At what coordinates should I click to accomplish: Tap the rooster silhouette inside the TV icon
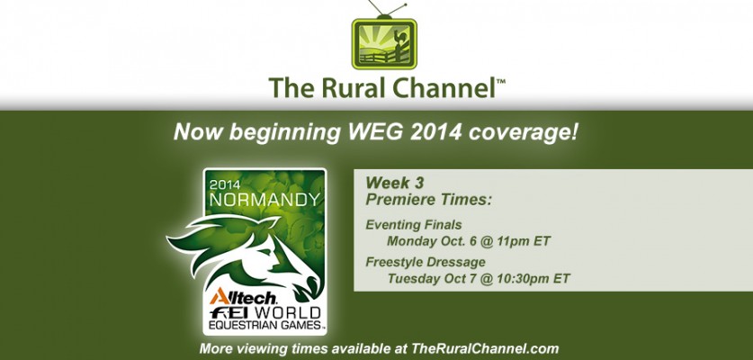399,40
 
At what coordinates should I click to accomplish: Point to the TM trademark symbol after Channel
500,82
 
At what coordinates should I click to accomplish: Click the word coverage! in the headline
524,132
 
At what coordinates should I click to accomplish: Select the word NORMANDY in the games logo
264,200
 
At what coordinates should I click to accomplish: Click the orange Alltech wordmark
243,297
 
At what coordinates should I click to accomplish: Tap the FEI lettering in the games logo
229,313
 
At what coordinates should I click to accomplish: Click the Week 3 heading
395,183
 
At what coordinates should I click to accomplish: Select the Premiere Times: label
429,199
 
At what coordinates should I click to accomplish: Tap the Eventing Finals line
414,225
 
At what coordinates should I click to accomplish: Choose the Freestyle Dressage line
426,263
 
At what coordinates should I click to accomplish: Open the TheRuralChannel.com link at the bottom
485,348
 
